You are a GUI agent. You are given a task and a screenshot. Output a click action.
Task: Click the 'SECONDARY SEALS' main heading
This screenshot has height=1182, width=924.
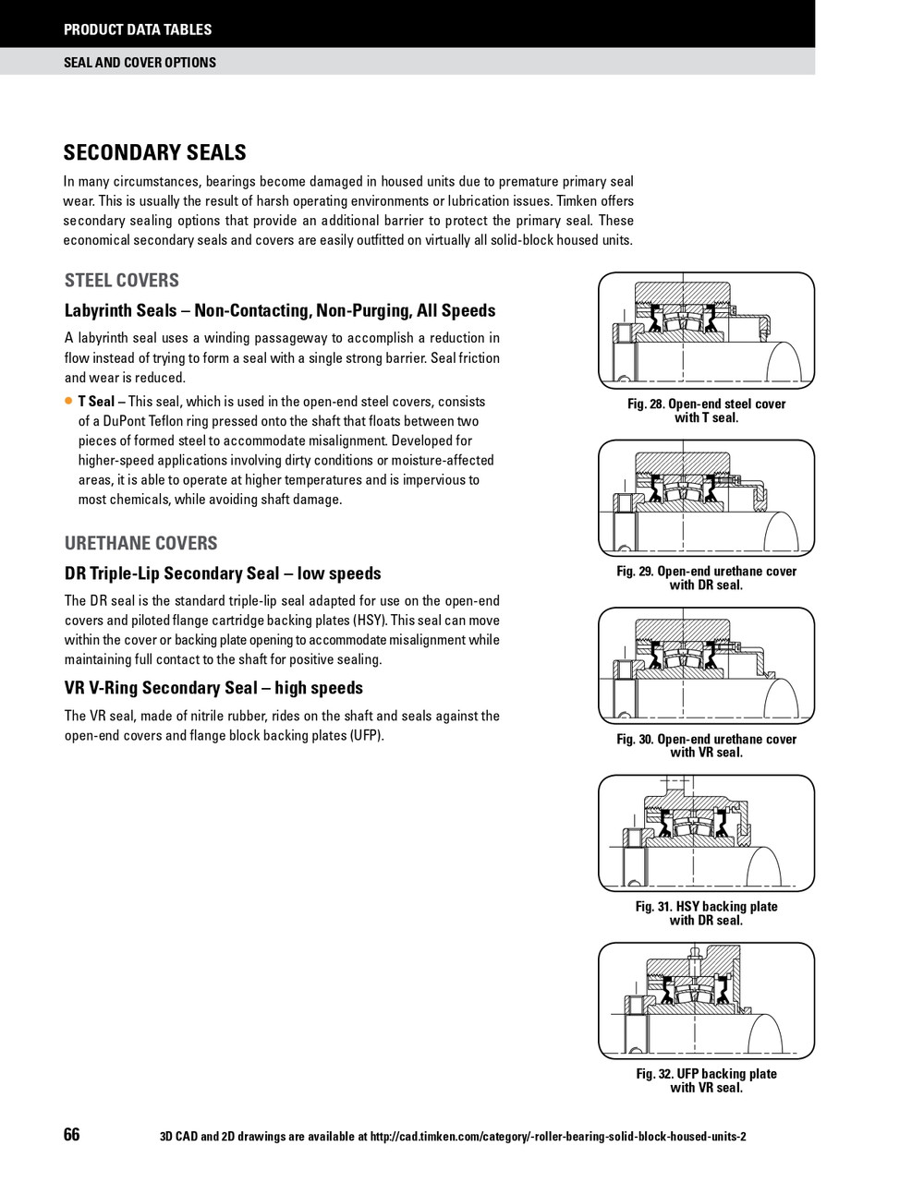click(154, 152)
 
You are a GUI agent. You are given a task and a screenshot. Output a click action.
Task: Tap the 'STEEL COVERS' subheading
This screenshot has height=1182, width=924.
click(121, 281)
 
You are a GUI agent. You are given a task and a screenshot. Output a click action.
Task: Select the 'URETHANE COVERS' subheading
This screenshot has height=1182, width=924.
click(140, 543)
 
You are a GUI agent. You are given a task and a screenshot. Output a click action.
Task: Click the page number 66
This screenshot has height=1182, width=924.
click(72, 1135)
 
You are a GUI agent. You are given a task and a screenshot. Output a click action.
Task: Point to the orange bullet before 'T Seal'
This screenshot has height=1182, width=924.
click(68, 402)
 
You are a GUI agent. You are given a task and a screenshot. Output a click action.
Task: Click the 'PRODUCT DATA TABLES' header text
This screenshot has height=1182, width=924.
click(137, 30)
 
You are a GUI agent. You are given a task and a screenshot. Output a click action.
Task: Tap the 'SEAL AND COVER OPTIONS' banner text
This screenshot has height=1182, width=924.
click(140, 63)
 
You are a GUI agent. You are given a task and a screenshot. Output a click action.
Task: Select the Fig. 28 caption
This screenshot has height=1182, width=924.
click(706, 411)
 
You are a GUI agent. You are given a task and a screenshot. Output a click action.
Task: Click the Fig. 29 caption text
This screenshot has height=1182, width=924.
click(706, 578)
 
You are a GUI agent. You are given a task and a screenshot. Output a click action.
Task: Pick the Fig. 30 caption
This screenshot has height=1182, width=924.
click(706, 746)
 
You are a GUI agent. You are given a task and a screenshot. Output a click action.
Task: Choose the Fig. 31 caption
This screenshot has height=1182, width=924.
click(706, 913)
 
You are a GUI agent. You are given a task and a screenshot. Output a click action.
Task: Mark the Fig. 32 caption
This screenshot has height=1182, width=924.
click(706, 1080)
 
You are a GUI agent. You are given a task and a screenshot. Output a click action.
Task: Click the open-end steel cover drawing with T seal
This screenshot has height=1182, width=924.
click(706, 331)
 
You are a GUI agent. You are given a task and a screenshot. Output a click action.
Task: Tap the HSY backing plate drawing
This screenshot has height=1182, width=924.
click(706, 833)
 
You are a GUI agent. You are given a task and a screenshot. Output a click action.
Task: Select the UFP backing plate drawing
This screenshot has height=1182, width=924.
click(706, 1000)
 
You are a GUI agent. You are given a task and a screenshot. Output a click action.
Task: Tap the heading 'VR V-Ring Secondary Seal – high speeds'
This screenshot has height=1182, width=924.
click(213, 688)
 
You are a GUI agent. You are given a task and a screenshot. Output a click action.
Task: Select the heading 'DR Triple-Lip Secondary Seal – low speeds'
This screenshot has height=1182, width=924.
click(223, 573)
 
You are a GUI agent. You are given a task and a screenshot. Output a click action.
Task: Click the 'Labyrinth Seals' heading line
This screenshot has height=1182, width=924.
click(280, 311)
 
